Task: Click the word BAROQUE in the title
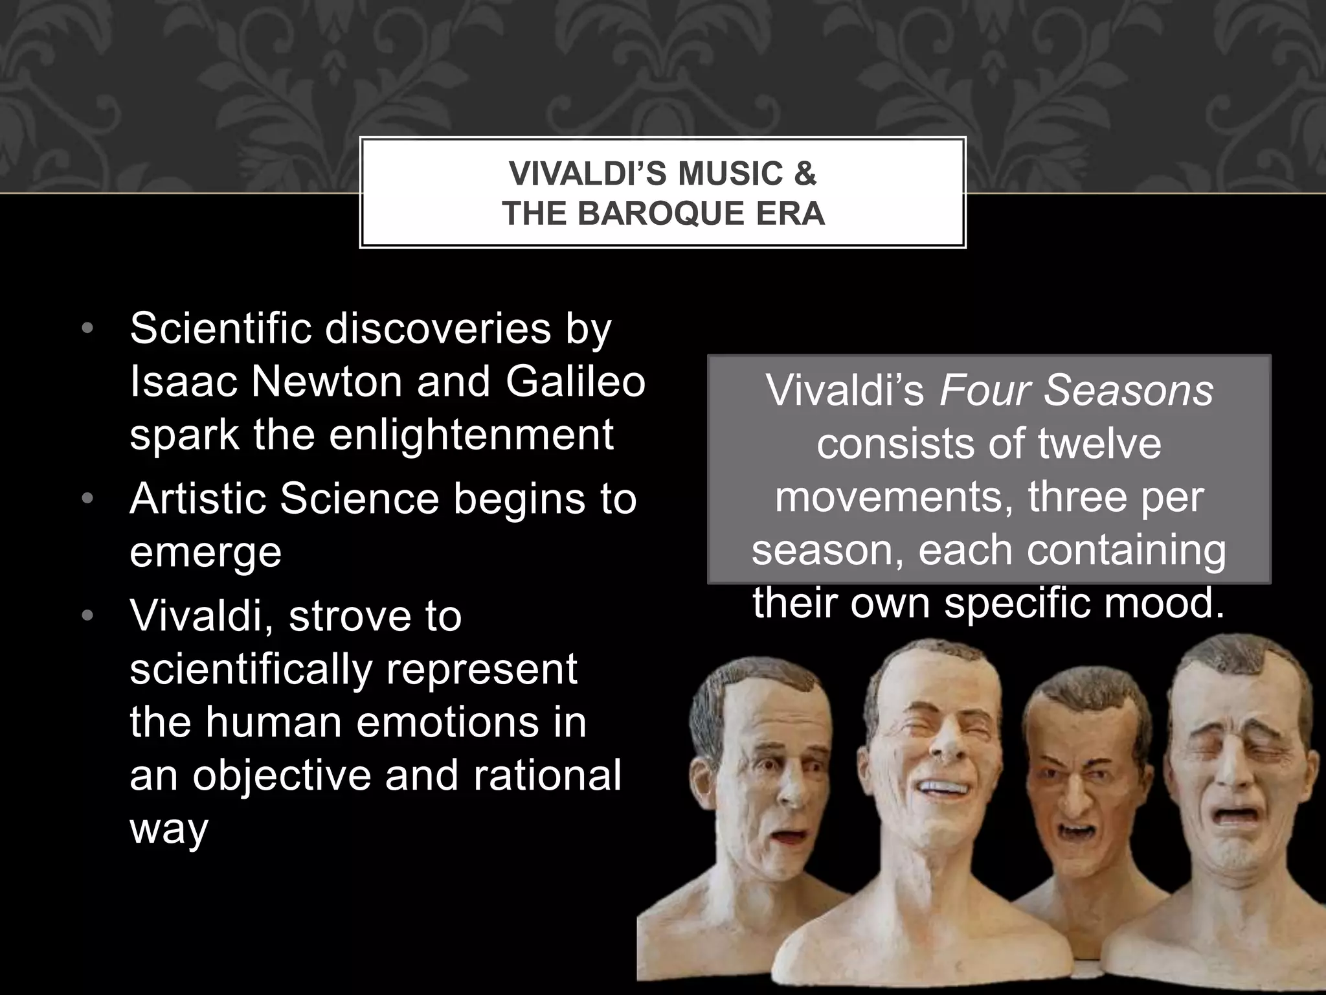click(x=669, y=214)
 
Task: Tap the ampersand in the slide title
click(x=804, y=174)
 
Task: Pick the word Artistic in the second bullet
click(x=197, y=499)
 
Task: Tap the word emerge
click(x=206, y=552)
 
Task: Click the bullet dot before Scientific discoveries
click(x=88, y=330)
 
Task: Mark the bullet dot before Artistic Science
click(x=88, y=499)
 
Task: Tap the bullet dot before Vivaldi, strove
click(x=88, y=616)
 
